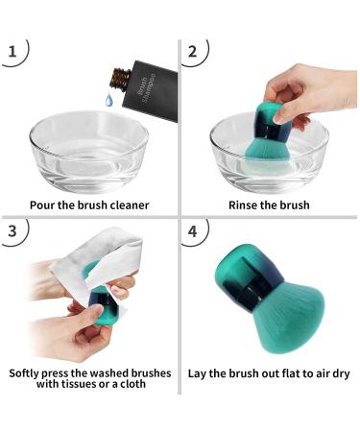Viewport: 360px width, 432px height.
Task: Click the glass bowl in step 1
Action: coord(91,154)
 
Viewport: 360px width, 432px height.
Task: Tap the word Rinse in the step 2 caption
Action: coord(245,204)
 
